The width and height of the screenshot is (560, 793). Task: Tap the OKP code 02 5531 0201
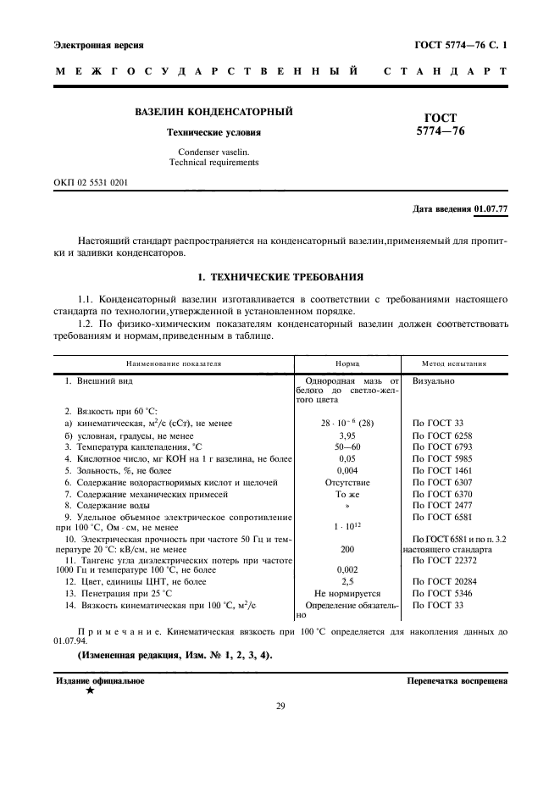tap(91, 182)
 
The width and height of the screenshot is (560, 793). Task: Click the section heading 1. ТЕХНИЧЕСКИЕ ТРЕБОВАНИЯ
tap(280, 276)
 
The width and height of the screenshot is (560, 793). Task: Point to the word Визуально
tap(434, 380)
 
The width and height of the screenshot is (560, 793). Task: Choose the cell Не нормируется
tap(347, 595)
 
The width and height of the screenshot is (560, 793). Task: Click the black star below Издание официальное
tap(90, 690)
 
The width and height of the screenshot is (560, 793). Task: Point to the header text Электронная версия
tap(98, 44)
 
